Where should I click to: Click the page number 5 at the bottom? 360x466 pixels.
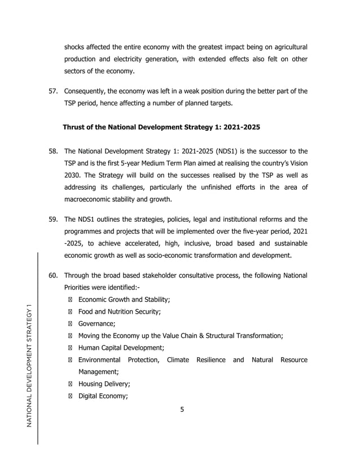[x=182, y=410]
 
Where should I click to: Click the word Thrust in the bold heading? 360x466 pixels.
[x=75, y=128]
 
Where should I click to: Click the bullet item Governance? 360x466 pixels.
[x=97, y=323]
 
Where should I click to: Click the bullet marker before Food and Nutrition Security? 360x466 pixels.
[x=70, y=311]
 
